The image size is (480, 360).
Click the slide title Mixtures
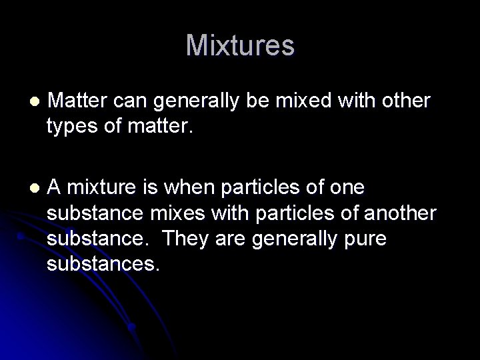[240, 45]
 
